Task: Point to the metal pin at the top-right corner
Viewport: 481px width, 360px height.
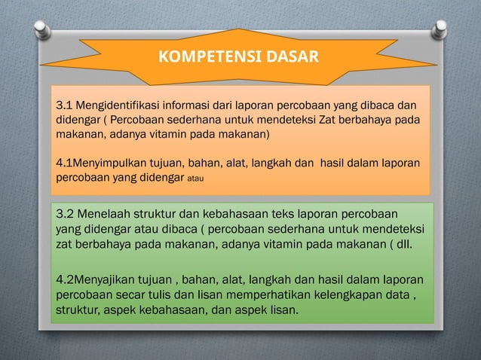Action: point(438,29)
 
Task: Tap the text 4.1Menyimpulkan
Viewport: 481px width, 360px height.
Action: point(100,163)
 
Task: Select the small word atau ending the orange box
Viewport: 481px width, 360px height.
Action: point(198,179)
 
